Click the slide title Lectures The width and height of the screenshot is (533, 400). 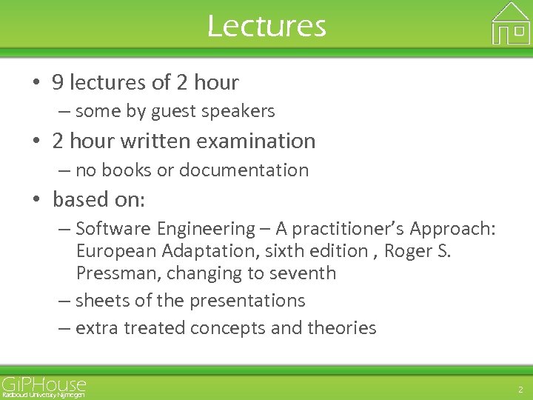(x=266, y=26)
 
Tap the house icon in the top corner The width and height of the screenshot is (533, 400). (x=511, y=24)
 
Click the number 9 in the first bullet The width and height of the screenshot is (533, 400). (x=58, y=82)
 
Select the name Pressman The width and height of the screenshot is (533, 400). (x=117, y=273)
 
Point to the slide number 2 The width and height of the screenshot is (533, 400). (x=519, y=389)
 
